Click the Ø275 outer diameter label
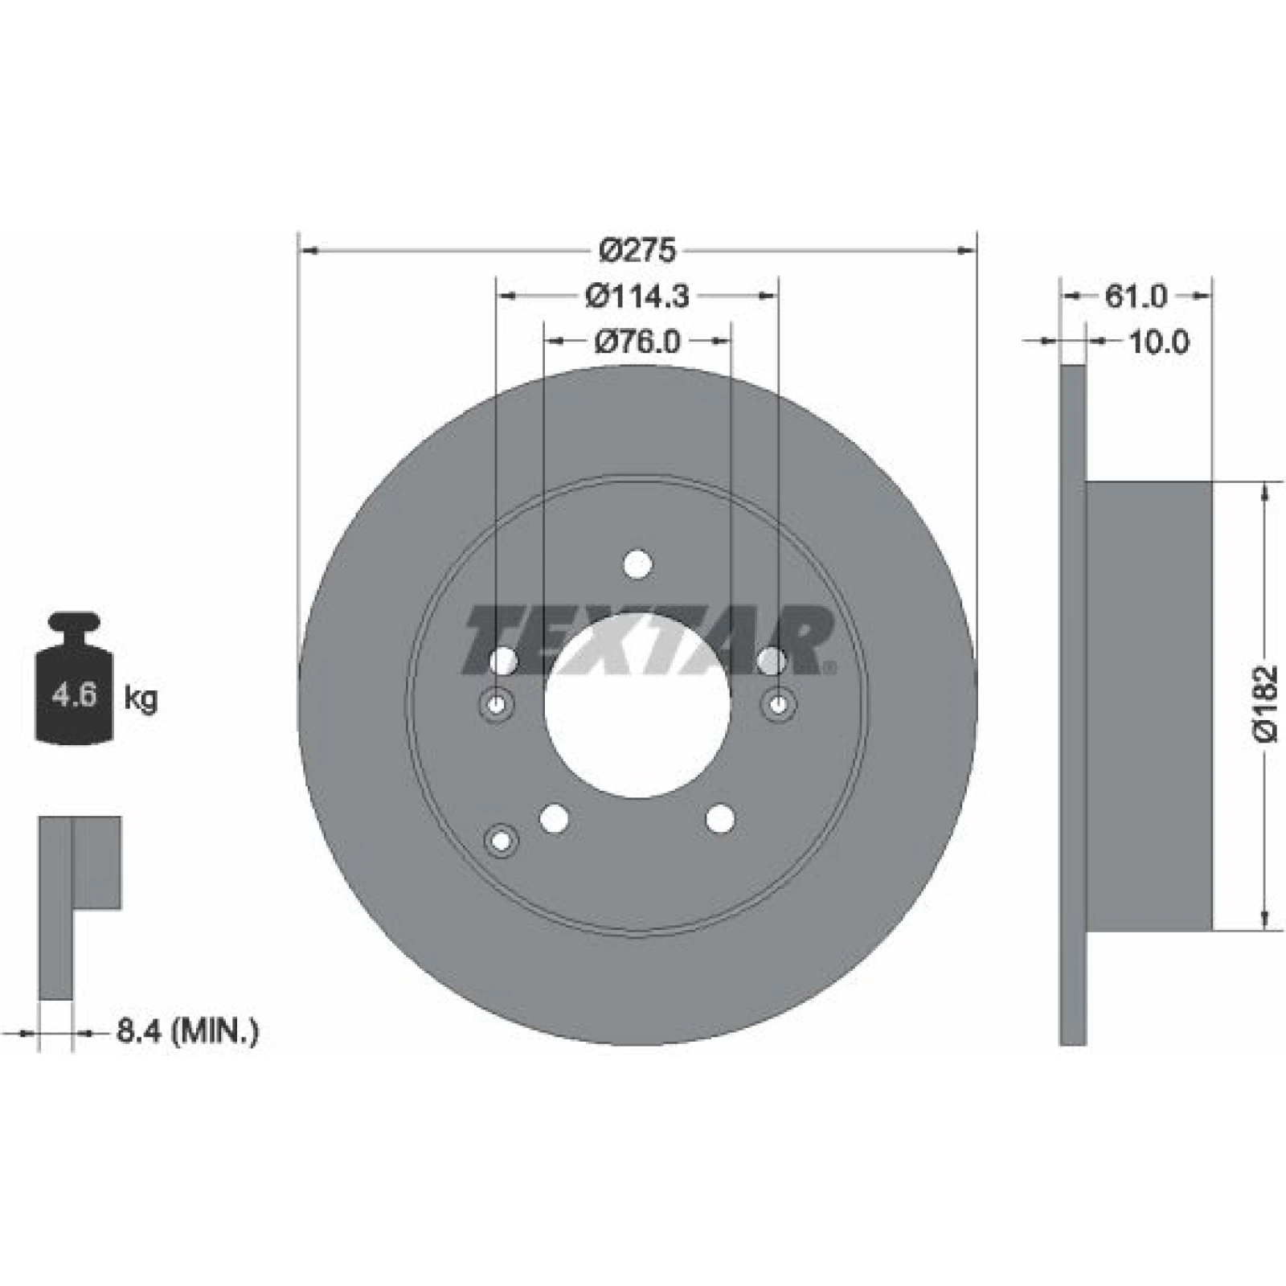tap(638, 252)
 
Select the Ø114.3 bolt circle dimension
tap(637, 297)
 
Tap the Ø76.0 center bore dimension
tap(637, 342)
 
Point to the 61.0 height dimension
tap(1135, 297)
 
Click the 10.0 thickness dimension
tap(1158, 342)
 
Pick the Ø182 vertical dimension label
tap(1265, 703)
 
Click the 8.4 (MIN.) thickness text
tap(187, 1031)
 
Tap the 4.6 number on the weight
tap(74, 694)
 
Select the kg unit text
tap(141, 698)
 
